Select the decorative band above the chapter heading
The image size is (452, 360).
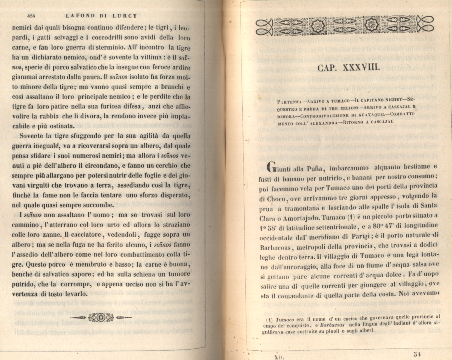tap(345, 25)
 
